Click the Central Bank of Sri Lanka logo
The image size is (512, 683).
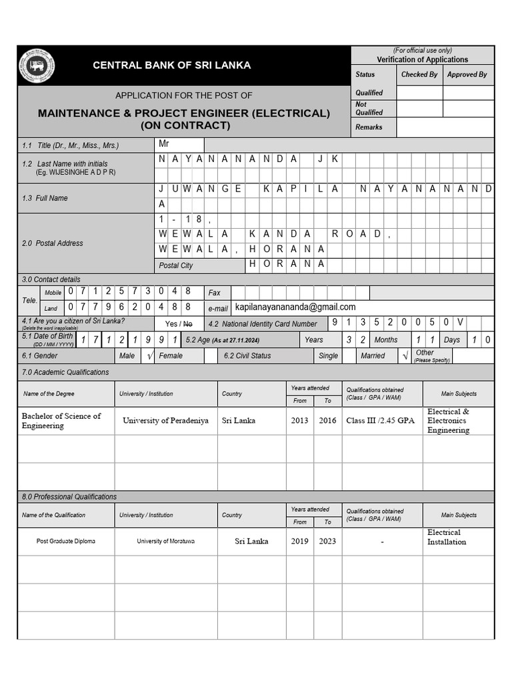(37, 65)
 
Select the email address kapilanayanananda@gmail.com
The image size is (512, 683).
(295, 307)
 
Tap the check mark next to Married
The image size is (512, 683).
(405, 356)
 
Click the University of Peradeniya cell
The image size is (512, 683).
(165, 421)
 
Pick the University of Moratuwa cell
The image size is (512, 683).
(166, 541)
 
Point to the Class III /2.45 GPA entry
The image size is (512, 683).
(380, 421)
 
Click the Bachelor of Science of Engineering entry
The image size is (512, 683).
(61, 421)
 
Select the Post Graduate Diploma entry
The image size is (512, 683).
(65, 541)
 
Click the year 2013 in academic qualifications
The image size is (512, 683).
(299, 421)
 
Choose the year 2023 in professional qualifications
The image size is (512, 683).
(327, 541)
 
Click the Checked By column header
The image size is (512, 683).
(419, 75)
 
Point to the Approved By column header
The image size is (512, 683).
(467, 75)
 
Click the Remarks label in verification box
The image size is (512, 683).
(369, 127)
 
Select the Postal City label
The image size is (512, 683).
(176, 265)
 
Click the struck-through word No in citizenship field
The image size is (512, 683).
(188, 323)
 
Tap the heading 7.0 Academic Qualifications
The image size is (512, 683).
(65, 372)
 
